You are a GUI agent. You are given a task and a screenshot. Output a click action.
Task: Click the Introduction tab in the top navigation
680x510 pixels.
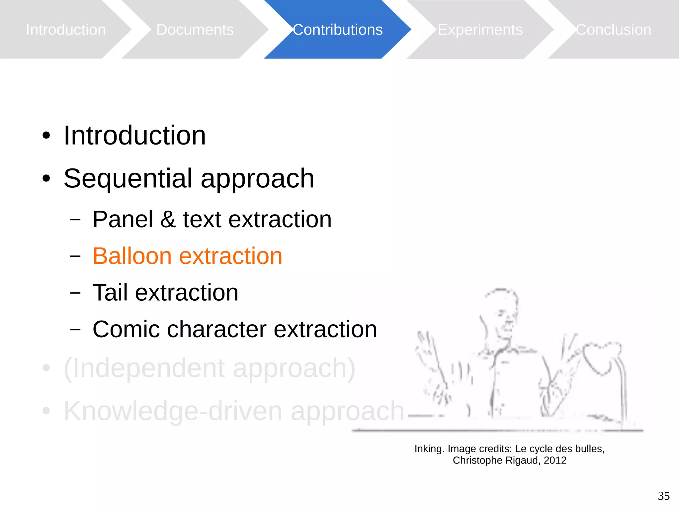click(x=66, y=30)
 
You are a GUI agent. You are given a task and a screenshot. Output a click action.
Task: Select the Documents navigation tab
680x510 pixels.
click(x=195, y=30)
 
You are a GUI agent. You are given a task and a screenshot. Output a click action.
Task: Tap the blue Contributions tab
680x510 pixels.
click(x=337, y=30)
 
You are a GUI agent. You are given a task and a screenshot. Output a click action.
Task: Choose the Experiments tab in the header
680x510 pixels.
click(x=480, y=30)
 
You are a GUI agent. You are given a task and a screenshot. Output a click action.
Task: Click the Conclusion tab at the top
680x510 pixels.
click(x=613, y=30)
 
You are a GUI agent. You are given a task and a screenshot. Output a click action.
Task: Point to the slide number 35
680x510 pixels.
click(x=663, y=496)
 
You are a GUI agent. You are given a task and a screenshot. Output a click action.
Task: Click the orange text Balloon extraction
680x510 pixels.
click(x=187, y=256)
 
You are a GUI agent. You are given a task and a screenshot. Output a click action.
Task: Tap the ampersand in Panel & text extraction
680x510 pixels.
click(x=168, y=220)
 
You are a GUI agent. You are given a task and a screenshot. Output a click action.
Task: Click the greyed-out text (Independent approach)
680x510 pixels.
click(x=209, y=368)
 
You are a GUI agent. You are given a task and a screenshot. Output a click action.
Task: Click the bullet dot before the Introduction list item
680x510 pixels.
click(x=46, y=136)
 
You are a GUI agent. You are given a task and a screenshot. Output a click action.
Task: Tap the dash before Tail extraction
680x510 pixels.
click(x=76, y=293)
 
